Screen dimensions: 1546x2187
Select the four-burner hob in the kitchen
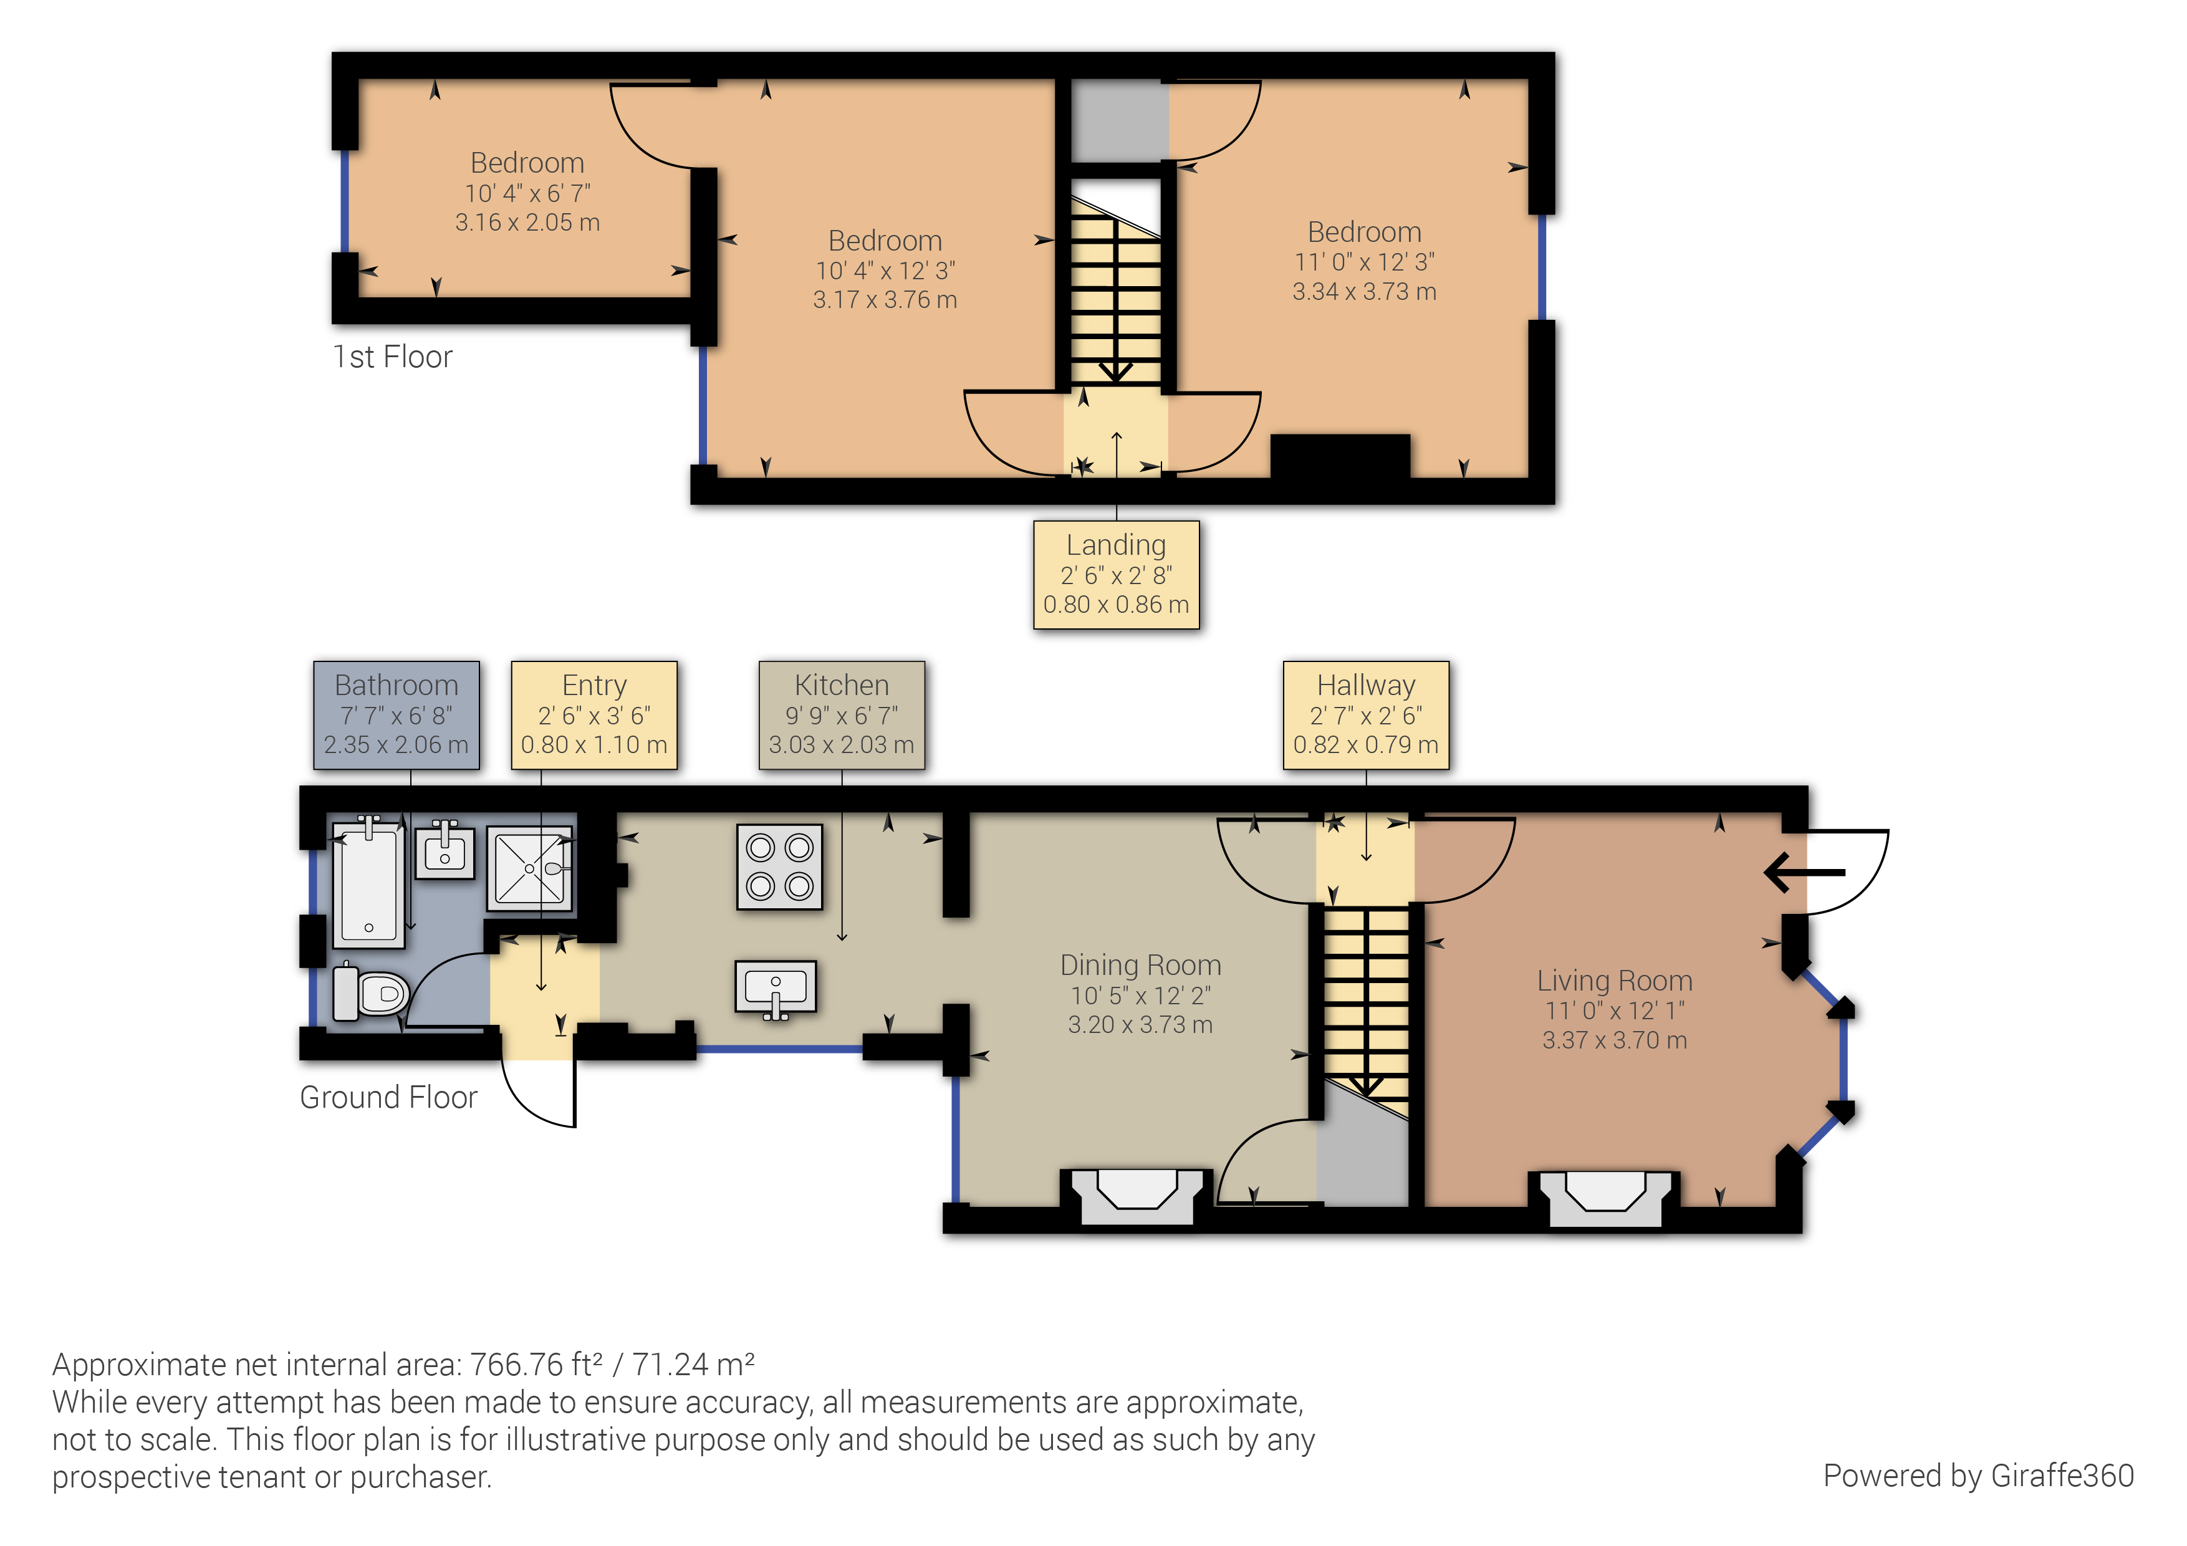[x=779, y=867]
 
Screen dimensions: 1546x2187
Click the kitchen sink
[x=776, y=987]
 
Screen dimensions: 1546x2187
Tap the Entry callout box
[x=594, y=714]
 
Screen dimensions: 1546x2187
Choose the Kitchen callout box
[x=841, y=714]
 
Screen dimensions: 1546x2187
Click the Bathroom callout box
[x=397, y=714]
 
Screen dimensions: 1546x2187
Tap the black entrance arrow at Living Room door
[x=1803, y=871]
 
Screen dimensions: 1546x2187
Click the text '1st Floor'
[x=392, y=357]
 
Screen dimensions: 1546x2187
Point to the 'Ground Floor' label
[x=388, y=1097]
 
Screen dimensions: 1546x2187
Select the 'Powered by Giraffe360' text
[x=1978, y=1476]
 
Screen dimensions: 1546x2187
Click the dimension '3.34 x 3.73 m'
[x=1364, y=292]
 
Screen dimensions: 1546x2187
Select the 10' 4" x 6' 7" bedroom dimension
[x=527, y=193]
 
